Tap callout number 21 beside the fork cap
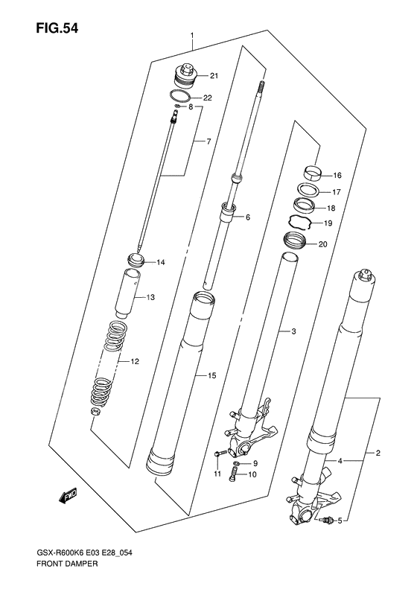click(214, 75)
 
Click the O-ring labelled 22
click(179, 98)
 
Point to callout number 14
click(160, 262)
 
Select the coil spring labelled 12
click(111, 361)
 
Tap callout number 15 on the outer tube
click(211, 377)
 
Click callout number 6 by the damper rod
click(248, 217)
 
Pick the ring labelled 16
click(313, 173)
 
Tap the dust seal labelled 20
click(296, 241)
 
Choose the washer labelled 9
click(236, 463)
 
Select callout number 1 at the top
click(192, 36)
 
